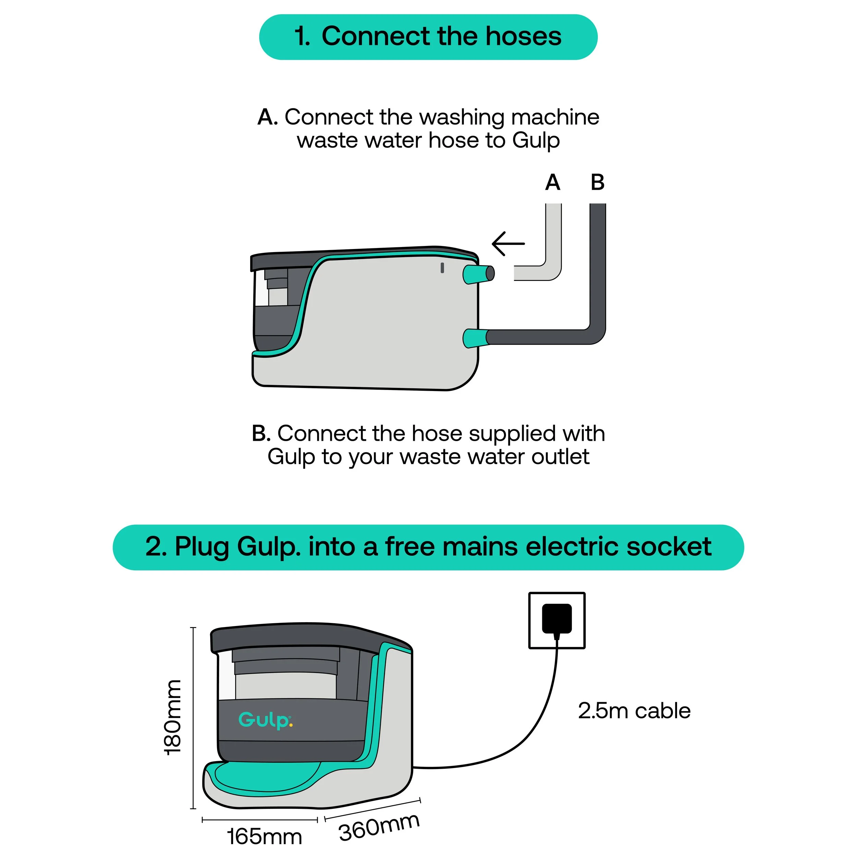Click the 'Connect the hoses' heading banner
pyautogui.click(x=428, y=37)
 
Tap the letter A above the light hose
pyautogui.click(x=553, y=182)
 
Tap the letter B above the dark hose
pyautogui.click(x=598, y=182)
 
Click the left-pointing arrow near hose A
pyautogui.click(x=508, y=244)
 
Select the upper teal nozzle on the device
pyautogui.click(x=477, y=274)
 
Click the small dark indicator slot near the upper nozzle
pyautogui.click(x=442, y=268)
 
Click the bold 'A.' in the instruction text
pyautogui.click(x=267, y=118)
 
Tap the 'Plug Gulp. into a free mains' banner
pyautogui.click(x=428, y=547)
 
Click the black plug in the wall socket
pyautogui.click(x=556, y=618)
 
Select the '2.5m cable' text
pyautogui.click(x=634, y=711)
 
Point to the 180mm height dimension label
pyautogui.click(x=172, y=718)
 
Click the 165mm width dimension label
pyautogui.click(x=264, y=837)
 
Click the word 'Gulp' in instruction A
pyautogui.click(x=535, y=141)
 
